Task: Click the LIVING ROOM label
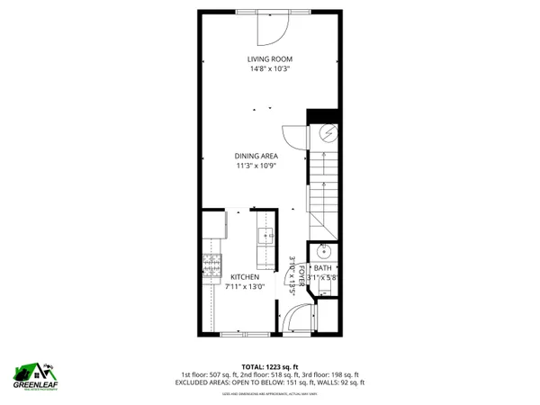(270, 59)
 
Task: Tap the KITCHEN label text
(245, 277)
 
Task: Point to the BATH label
(321, 268)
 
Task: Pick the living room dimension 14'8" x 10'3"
(270, 70)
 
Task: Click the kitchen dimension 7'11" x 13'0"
(246, 287)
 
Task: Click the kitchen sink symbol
(266, 237)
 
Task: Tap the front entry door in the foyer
(297, 319)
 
